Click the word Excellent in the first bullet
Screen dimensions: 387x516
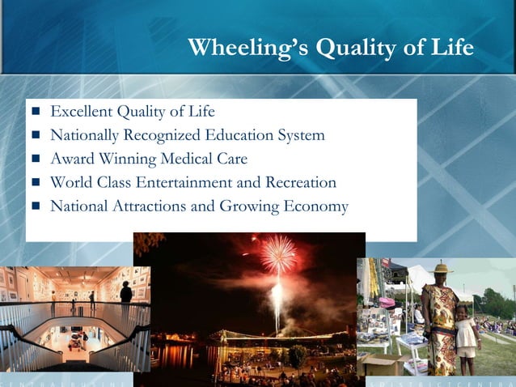coord(82,111)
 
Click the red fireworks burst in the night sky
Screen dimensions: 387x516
coord(277,254)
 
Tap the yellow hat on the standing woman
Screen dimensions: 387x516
coord(441,268)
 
